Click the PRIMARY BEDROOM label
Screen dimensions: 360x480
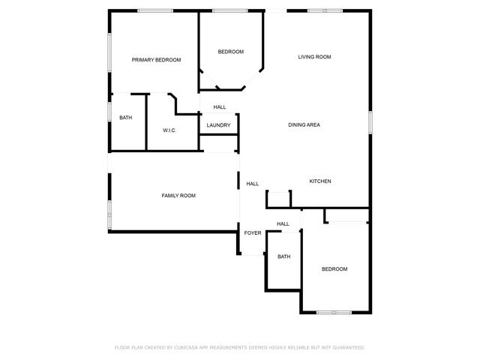[157, 60]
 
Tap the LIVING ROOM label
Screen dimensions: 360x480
[314, 57]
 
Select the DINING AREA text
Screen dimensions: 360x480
[304, 124]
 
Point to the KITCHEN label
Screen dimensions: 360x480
[320, 181]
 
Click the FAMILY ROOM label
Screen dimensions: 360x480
[178, 196]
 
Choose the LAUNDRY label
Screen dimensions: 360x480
[218, 125]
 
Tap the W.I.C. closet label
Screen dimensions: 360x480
[169, 130]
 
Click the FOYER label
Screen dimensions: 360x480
[253, 233]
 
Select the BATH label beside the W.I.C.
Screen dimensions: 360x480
[125, 118]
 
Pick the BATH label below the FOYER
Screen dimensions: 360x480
[283, 256]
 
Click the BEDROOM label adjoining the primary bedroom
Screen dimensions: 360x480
[231, 52]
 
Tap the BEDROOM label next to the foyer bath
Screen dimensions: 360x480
[334, 269]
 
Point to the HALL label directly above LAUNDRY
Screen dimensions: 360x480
[219, 107]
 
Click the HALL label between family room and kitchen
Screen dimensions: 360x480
[253, 184]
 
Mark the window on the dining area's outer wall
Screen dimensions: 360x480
[370, 122]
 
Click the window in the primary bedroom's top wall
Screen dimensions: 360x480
[155, 10]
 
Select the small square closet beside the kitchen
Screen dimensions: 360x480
[279, 199]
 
